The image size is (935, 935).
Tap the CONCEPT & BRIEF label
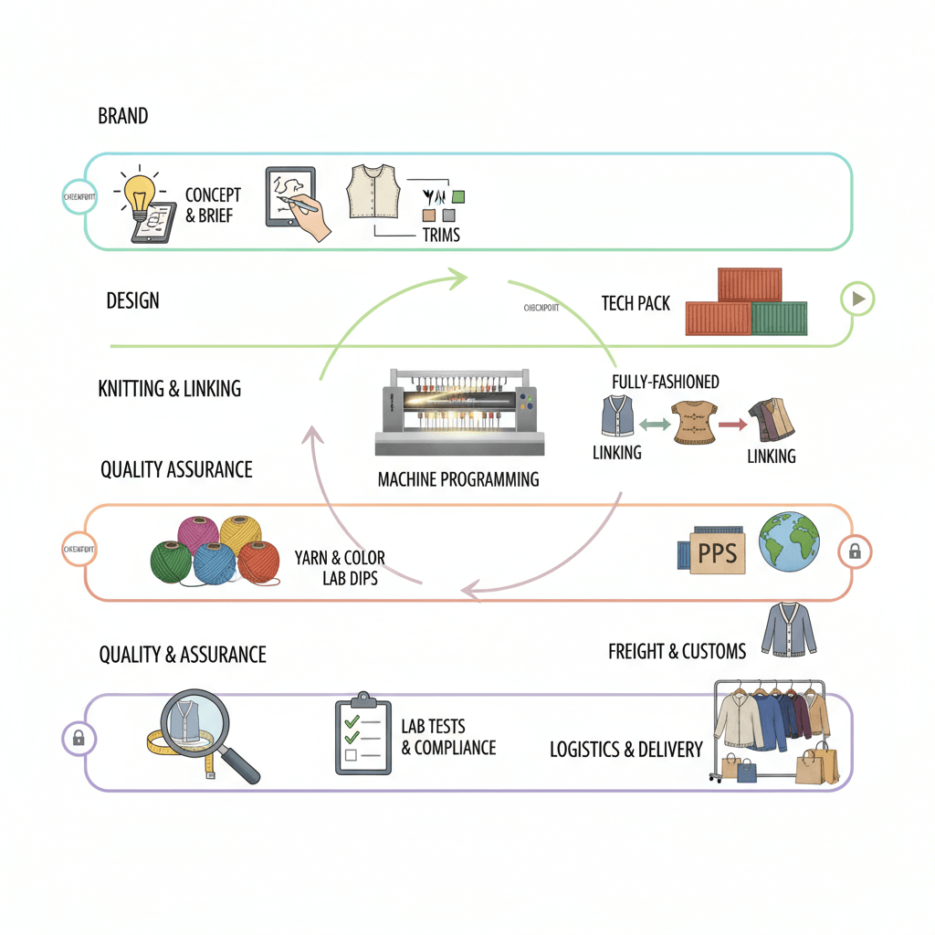coord(213,205)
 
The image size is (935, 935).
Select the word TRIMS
coord(441,235)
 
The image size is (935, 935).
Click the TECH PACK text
coord(636,303)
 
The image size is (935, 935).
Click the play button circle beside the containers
coord(858,299)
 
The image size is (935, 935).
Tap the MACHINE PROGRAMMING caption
coord(457,478)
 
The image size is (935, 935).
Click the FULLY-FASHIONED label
coord(665,382)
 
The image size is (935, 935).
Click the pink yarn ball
coord(198,533)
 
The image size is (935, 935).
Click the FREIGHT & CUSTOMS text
coord(677,651)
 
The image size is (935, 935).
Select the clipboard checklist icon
coord(362,734)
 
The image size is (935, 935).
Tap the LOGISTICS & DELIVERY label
coord(625,750)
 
